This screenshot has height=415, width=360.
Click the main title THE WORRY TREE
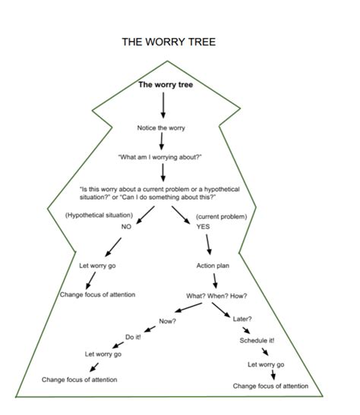pyautogui.click(x=169, y=42)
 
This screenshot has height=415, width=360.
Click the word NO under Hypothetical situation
pyautogui.click(x=126, y=227)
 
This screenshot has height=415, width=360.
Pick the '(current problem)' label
pyautogui.click(x=220, y=216)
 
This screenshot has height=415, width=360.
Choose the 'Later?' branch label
pyautogui.click(x=243, y=319)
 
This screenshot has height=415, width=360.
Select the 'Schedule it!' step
pyautogui.click(x=256, y=341)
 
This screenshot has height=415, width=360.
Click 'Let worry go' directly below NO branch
pyautogui.click(x=97, y=266)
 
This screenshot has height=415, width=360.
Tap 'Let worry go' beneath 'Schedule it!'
pyautogui.click(x=266, y=366)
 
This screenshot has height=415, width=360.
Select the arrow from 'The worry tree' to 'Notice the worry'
pyautogui.click(x=163, y=105)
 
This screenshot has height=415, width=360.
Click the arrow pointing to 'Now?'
pyautogui.click(x=190, y=310)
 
